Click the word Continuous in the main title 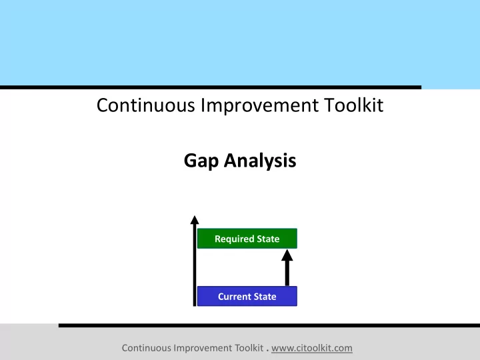pyautogui.click(x=146, y=105)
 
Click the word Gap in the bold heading pyautogui.click(x=201, y=161)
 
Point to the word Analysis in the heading pyautogui.click(x=260, y=161)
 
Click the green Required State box pyautogui.click(x=247, y=239)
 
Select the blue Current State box pyautogui.click(x=247, y=296)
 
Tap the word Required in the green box pyautogui.click(x=235, y=239)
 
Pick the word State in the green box pyautogui.click(x=269, y=239)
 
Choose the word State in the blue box pyautogui.click(x=265, y=297)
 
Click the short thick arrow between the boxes pyautogui.click(x=287, y=267)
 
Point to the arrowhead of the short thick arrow pyautogui.click(x=287, y=255)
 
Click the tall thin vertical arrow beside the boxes pyautogui.click(x=195, y=261)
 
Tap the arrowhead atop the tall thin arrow pyautogui.click(x=195, y=220)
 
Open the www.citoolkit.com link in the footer pyautogui.click(x=311, y=349)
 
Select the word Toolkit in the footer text pyautogui.click(x=249, y=348)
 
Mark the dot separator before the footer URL pyautogui.click(x=267, y=350)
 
